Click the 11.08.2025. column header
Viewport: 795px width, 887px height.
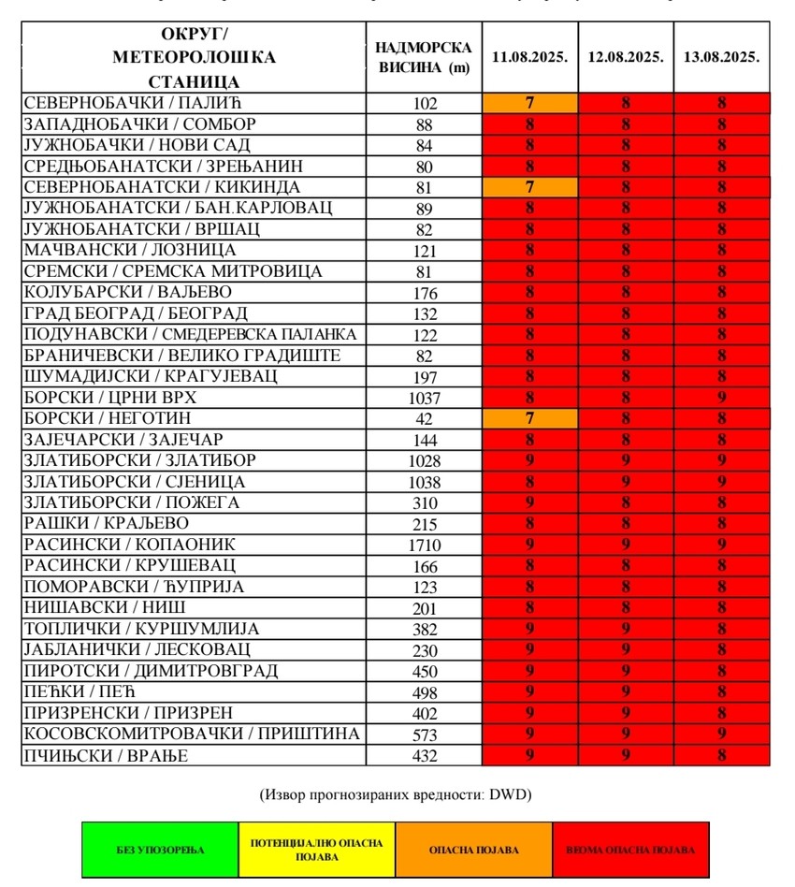tap(530, 57)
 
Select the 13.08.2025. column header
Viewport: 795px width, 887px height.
tap(721, 57)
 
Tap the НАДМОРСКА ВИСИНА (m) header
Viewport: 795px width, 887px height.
tap(424, 57)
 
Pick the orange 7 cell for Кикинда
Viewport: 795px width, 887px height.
tap(530, 187)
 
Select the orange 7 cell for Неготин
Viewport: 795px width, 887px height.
tap(530, 418)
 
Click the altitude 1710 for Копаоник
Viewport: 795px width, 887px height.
tap(424, 545)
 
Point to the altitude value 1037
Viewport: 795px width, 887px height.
tap(424, 398)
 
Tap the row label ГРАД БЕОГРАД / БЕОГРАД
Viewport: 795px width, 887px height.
tap(136, 313)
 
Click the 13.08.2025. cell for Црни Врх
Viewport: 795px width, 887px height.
tap(721, 398)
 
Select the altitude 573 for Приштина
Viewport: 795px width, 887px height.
tap(424, 734)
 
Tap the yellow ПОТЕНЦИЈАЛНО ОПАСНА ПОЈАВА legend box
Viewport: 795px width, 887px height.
tap(317, 850)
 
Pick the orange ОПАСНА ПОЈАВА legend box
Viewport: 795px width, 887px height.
tap(473, 850)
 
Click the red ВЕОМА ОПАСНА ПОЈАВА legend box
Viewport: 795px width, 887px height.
tap(630, 850)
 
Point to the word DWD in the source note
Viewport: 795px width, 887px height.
tap(510, 795)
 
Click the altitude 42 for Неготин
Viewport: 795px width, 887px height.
tap(424, 418)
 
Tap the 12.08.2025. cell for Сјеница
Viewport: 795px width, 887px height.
tap(626, 482)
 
